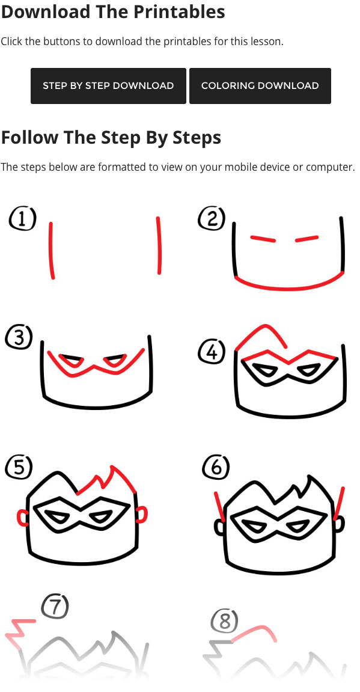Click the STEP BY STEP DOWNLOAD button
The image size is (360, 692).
tap(108, 85)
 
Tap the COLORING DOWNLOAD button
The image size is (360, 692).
tap(260, 85)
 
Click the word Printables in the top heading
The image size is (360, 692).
tap(179, 12)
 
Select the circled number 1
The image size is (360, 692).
tap(22, 219)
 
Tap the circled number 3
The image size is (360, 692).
tap(19, 338)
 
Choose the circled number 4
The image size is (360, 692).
tap(212, 353)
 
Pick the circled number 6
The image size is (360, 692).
tap(216, 468)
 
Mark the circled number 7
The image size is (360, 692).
tap(55, 607)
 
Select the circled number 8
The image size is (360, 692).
tap(225, 621)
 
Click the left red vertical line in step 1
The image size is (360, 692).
tap(52, 250)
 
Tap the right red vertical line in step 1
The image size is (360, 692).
tap(159, 245)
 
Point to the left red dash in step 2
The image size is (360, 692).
tap(263, 239)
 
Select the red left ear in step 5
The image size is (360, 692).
tap(22, 518)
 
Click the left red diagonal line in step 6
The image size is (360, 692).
tap(220, 507)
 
